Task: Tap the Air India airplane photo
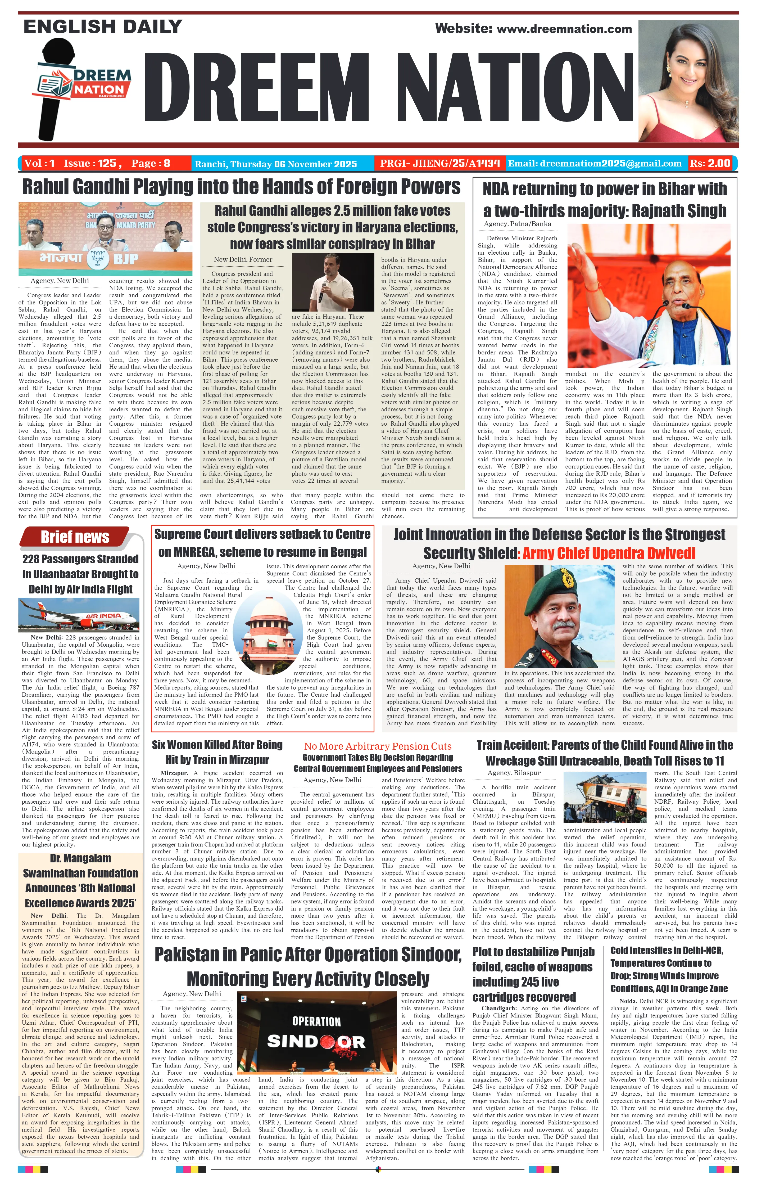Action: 79,615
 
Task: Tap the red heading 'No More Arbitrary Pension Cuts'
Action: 378,746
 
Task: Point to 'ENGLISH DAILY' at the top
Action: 103,27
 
